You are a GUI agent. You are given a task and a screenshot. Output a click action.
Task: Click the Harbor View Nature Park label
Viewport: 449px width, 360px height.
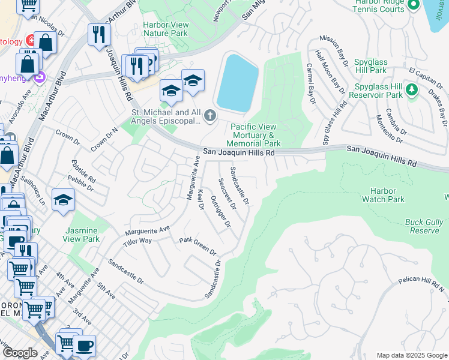tap(165, 29)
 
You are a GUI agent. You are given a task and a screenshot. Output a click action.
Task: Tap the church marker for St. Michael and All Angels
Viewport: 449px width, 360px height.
tap(209, 115)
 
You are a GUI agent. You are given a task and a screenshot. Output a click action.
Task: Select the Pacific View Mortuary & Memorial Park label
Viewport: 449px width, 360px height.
tap(256, 135)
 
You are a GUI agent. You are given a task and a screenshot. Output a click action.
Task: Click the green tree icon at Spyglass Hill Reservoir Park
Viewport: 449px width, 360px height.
tap(411, 90)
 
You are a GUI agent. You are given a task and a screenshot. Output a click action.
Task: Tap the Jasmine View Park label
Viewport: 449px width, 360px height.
tap(82, 234)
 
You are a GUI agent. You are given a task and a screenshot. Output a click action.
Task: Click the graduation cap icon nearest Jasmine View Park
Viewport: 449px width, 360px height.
tap(63, 200)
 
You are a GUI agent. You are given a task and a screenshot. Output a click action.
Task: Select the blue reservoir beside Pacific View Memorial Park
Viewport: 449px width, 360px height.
tap(237, 82)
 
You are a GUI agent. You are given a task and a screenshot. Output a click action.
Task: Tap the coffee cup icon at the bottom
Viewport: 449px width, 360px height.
tap(85, 346)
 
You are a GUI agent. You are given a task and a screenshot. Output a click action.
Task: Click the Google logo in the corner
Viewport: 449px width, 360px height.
tap(20, 353)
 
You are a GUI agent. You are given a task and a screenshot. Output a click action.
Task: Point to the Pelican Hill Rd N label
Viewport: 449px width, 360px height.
tap(424, 284)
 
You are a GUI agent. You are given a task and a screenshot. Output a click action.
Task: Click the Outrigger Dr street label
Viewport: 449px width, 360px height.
tap(220, 214)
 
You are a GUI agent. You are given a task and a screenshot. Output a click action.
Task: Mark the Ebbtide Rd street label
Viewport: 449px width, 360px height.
tap(83, 171)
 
